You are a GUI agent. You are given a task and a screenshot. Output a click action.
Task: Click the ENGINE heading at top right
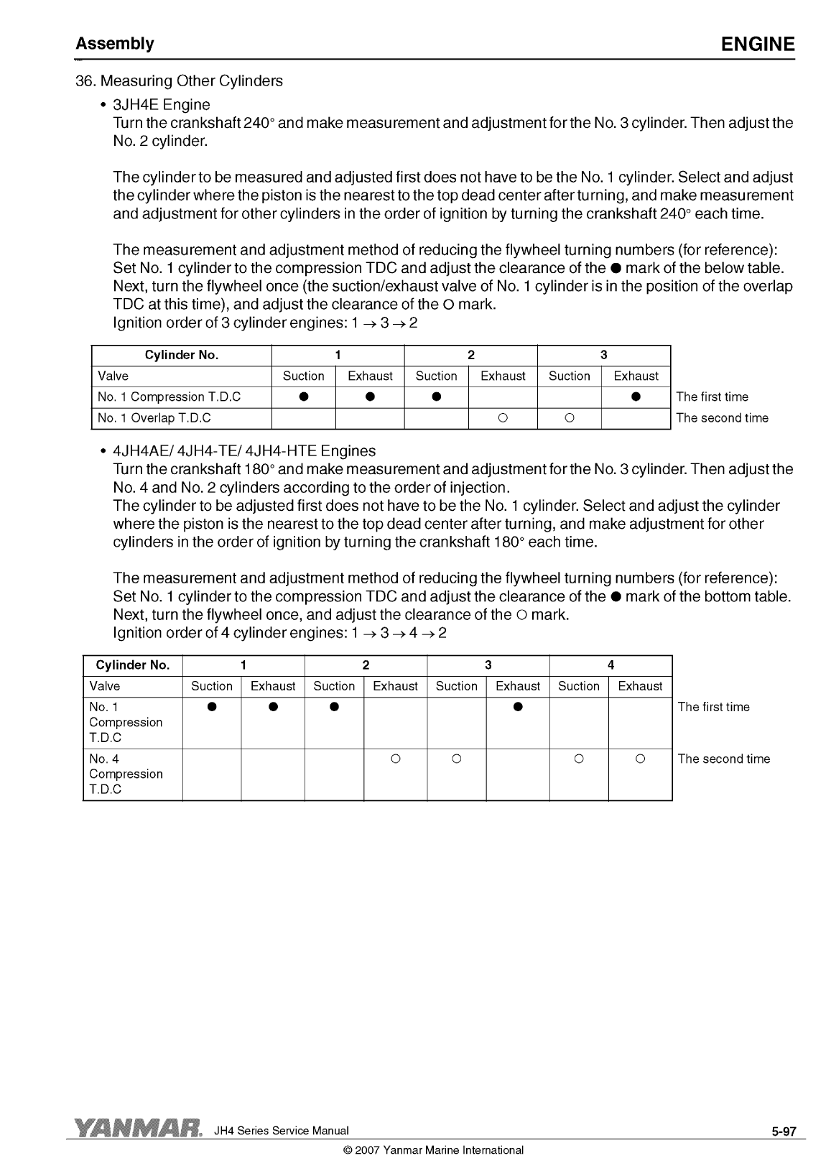point(758,45)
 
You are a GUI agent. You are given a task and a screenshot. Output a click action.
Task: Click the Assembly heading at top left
point(115,44)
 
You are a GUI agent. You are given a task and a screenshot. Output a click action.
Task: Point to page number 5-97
point(784,1131)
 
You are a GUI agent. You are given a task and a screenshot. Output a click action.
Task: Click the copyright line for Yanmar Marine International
point(434,1150)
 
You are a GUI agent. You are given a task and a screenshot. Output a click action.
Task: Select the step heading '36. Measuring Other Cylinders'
point(179,81)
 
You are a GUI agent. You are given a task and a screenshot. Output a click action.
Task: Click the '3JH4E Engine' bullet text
point(162,105)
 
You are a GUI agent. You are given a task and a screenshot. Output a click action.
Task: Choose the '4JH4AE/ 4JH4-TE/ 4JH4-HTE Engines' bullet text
point(244,451)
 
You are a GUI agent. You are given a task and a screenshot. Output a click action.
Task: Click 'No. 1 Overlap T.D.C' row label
point(154,418)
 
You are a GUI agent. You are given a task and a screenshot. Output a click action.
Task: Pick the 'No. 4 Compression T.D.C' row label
point(126,774)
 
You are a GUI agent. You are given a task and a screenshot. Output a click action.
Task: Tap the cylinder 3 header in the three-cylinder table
point(603,355)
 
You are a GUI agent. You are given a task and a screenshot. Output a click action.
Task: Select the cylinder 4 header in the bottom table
point(611,665)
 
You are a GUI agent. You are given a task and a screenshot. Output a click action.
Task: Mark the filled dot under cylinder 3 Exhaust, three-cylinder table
point(636,397)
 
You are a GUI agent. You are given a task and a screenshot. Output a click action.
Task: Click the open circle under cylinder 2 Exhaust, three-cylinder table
point(503,418)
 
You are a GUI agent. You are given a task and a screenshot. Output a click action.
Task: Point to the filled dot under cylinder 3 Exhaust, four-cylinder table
point(518,707)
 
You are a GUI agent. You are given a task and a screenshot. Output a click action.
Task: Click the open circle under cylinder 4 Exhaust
point(640,759)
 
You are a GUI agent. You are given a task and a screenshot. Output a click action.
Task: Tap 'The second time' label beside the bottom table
point(723,759)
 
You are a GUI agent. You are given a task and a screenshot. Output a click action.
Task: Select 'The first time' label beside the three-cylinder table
point(712,397)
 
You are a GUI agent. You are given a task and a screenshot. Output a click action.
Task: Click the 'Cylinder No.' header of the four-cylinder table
point(133,665)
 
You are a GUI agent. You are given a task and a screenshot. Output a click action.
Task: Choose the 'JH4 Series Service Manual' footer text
point(282,1131)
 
